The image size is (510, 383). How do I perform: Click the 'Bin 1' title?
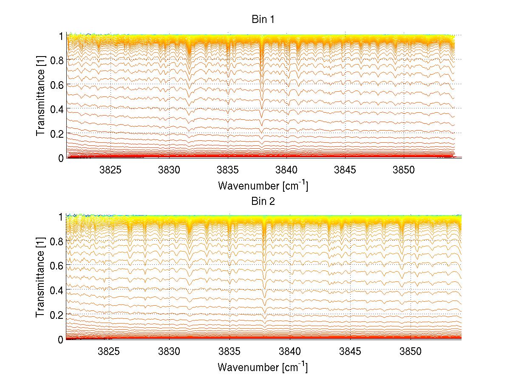click(262, 20)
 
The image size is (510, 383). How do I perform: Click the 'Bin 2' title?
click(262, 201)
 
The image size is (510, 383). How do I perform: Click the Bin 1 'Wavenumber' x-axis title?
click(262, 185)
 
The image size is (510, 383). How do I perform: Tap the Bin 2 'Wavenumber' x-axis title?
click(262, 367)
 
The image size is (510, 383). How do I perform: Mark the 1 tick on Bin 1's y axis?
click(61, 36)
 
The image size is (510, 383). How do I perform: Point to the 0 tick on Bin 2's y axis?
click(61, 339)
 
